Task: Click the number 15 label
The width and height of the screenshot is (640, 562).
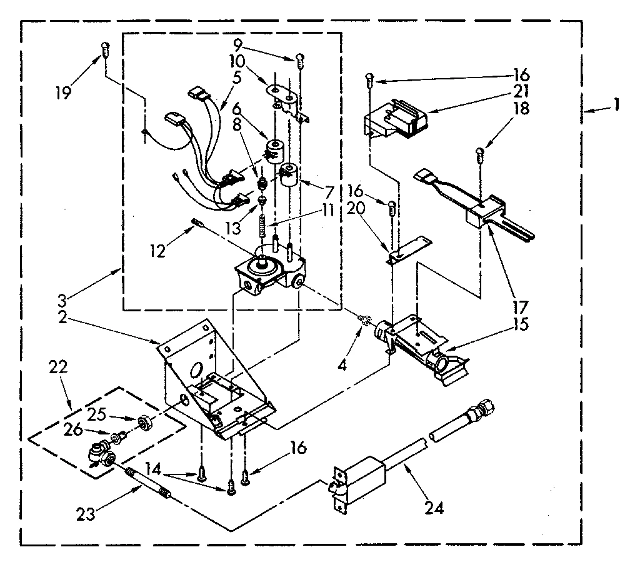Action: coord(521,324)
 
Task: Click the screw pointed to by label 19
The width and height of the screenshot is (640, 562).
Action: coord(105,49)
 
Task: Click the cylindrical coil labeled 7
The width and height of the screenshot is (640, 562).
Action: coord(289,174)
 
